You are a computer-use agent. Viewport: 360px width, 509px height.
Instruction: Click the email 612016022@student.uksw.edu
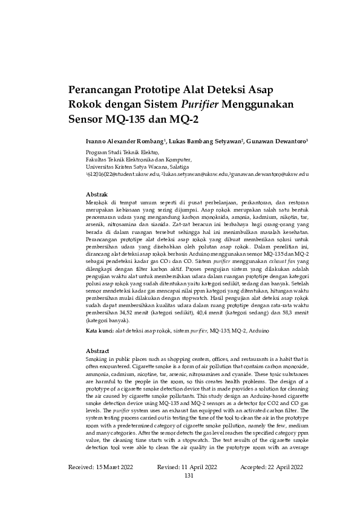coord(123,173)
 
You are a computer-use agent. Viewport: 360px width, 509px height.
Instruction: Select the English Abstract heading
coord(97,351)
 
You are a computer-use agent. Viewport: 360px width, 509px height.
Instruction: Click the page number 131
coord(189,475)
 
